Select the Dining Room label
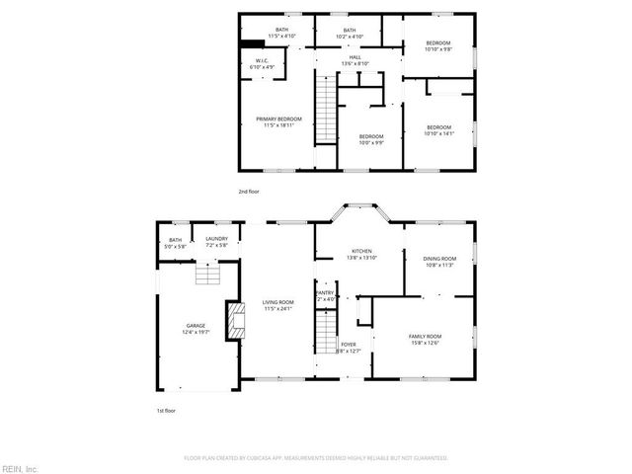(439, 261)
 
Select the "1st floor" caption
(167, 410)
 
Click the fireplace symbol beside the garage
(234, 321)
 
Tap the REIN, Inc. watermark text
(19, 466)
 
